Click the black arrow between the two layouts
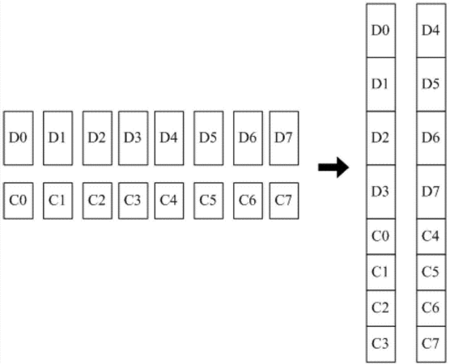click(x=333, y=167)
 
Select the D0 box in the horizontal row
click(x=19, y=138)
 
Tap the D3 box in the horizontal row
click(x=134, y=138)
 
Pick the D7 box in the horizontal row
click(x=284, y=138)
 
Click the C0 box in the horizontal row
click(x=19, y=201)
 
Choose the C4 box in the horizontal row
click(x=169, y=201)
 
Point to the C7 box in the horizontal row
click(x=284, y=201)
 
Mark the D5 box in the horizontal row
click(x=209, y=138)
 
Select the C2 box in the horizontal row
click(x=98, y=201)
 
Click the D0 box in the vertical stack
click(x=381, y=31)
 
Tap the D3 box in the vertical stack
click(x=381, y=192)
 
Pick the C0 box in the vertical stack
click(x=381, y=237)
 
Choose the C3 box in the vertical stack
click(x=381, y=345)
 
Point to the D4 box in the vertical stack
click(x=431, y=31)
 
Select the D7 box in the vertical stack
click(x=431, y=192)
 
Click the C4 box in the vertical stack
click(x=431, y=237)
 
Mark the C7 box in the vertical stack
click(x=431, y=345)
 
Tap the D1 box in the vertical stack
click(x=381, y=84)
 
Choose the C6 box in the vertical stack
click(x=431, y=308)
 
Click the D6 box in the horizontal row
click(x=248, y=138)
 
